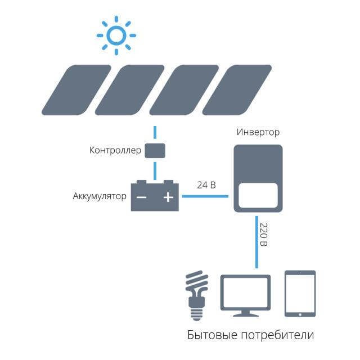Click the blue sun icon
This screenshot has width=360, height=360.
[x=116, y=35]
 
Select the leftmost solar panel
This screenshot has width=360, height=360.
[x=76, y=89]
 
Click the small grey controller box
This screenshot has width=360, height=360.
[x=155, y=151]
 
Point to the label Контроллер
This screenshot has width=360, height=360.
[x=114, y=151]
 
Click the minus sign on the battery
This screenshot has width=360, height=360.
[x=142, y=197]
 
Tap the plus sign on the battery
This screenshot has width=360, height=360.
[x=168, y=197]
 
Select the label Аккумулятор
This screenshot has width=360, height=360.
[x=100, y=197]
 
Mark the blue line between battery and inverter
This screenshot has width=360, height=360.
[x=204, y=196]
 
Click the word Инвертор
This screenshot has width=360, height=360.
[x=258, y=132]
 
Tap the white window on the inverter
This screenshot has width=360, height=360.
[x=258, y=195]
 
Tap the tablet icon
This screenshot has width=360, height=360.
[x=300, y=293]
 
